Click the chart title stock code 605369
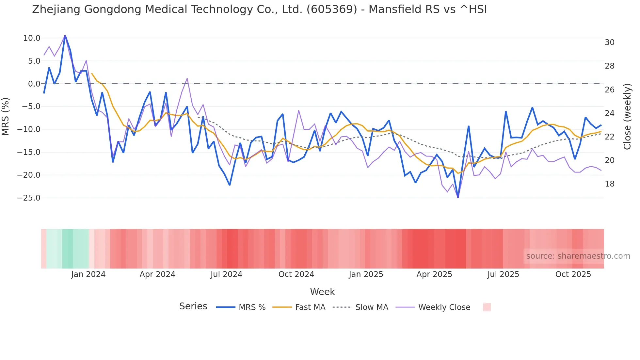tap(332, 9)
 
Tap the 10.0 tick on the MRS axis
tap(32, 38)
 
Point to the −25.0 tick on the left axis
tap(29, 198)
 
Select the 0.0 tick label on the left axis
tap(34, 84)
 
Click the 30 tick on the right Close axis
tap(609, 42)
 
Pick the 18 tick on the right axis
tap(609, 184)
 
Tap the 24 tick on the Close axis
tap(609, 113)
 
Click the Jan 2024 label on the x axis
tap(88, 274)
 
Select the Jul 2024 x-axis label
tap(226, 274)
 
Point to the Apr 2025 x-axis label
tap(434, 274)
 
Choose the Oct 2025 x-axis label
tap(573, 274)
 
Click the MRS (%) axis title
tap(6, 116)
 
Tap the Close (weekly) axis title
tap(627, 116)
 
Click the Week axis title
tap(322, 292)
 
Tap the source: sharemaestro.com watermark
tap(578, 256)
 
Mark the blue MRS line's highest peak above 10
tap(65, 36)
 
